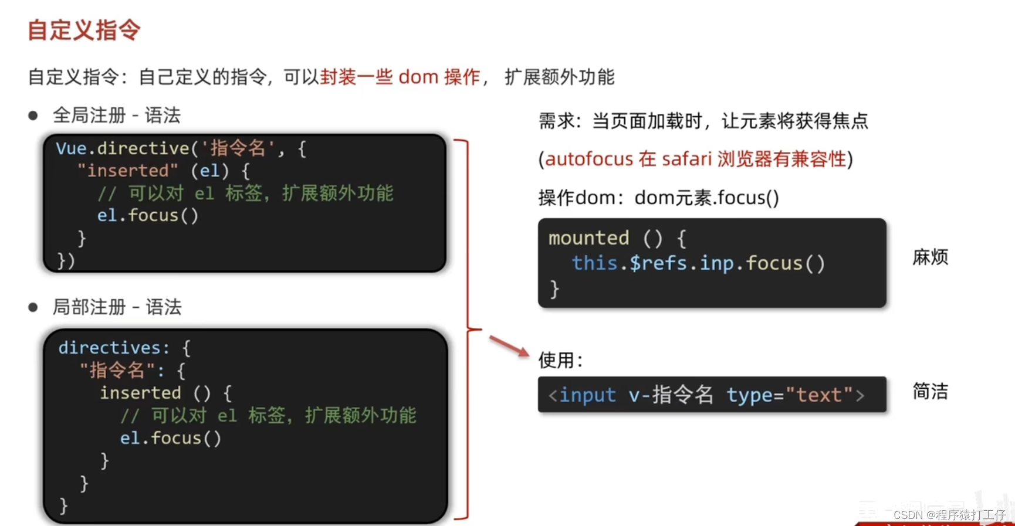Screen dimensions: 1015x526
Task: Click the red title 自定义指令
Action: pos(84,30)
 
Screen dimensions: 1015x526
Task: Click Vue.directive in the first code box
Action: pos(122,148)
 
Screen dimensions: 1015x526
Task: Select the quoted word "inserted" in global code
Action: pos(128,171)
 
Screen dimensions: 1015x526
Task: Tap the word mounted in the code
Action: pos(588,238)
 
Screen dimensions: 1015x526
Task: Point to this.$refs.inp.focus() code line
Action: pos(698,263)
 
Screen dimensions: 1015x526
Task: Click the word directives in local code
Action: pos(109,348)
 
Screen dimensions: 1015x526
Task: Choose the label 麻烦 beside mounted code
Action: pos(930,257)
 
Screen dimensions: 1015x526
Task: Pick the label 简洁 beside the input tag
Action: pos(930,391)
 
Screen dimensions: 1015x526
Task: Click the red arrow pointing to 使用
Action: pos(509,346)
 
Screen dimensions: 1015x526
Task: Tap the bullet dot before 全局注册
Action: pos(33,116)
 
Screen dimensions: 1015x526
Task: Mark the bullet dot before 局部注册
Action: pos(33,307)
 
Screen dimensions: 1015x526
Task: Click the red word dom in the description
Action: pos(418,77)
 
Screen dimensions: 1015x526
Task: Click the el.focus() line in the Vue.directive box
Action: pos(148,216)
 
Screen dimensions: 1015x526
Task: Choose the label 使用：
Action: pos(560,360)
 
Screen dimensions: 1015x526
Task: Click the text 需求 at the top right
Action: pos(556,121)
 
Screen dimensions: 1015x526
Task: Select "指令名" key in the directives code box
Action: pos(117,371)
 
